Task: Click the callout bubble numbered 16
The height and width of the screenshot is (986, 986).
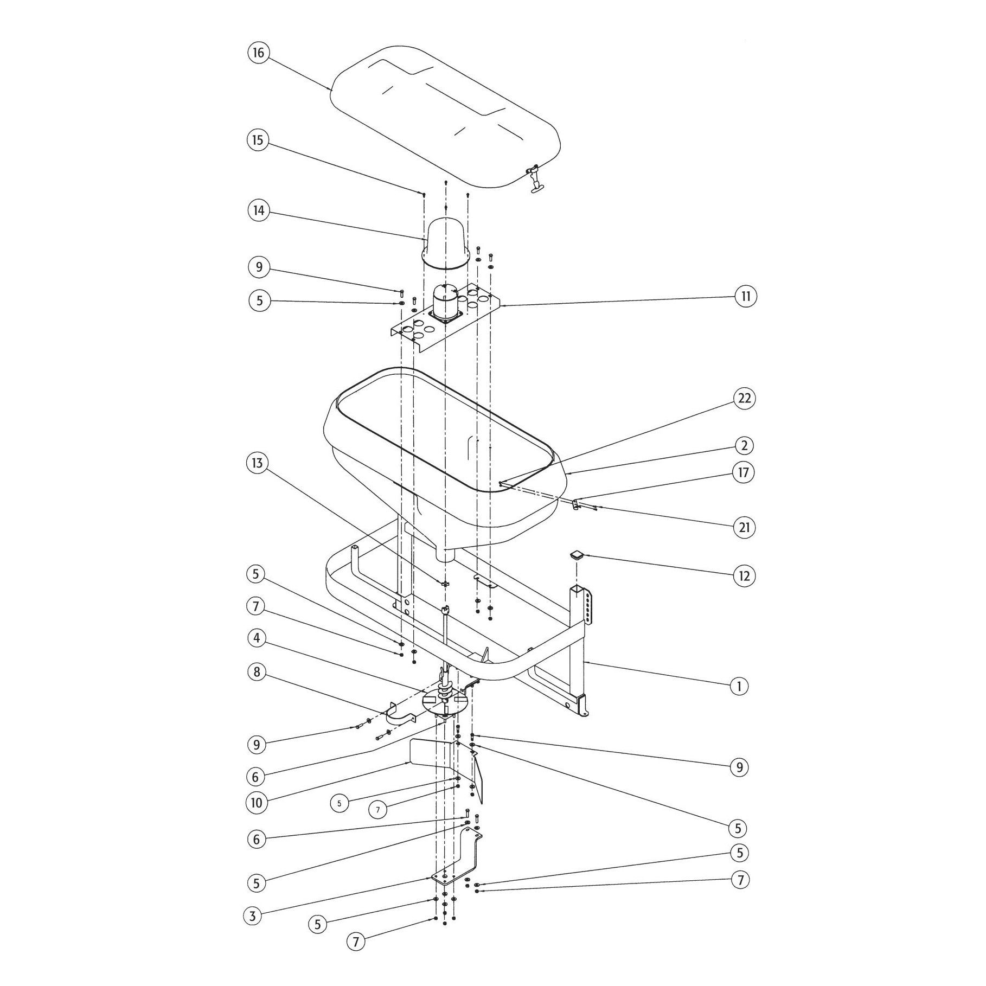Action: (258, 53)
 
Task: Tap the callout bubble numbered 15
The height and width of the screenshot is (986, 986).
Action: (258, 140)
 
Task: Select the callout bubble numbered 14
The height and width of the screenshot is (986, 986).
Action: (259, 210)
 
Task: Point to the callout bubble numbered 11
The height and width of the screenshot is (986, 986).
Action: (746, 296)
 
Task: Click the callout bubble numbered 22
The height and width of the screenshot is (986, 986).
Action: (744, 398)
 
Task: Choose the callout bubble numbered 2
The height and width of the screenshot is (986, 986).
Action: (744, 446)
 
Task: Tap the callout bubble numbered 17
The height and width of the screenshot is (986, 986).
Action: (744, 472)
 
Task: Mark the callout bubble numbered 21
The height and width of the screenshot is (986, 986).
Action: (744, 527)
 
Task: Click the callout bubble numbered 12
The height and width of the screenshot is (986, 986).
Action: (744, 576)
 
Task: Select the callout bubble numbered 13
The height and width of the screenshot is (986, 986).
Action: (257, 463)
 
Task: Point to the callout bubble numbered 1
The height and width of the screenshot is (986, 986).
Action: (739, 686)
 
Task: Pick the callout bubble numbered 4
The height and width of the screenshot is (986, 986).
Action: (257, 638)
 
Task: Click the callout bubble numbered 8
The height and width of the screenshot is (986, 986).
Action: (257, 673)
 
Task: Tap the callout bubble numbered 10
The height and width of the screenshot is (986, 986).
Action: (257, 803)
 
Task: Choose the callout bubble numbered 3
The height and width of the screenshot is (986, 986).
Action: (252, 917)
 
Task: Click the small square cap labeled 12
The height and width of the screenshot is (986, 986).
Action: (577, 555)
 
